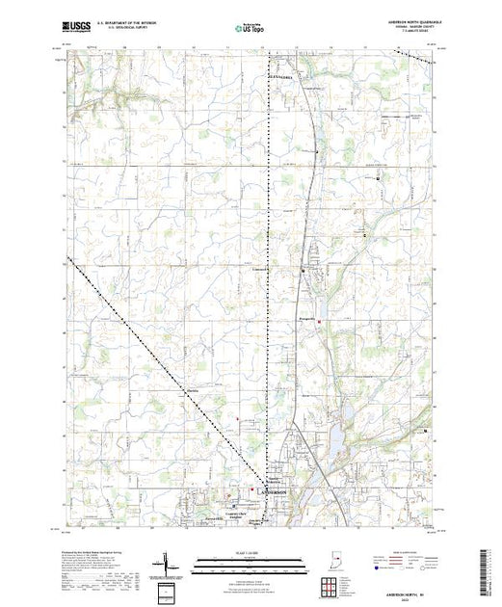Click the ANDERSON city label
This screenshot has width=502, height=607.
(x=274, y=490)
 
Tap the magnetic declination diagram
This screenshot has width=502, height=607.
(x=165, y=561)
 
